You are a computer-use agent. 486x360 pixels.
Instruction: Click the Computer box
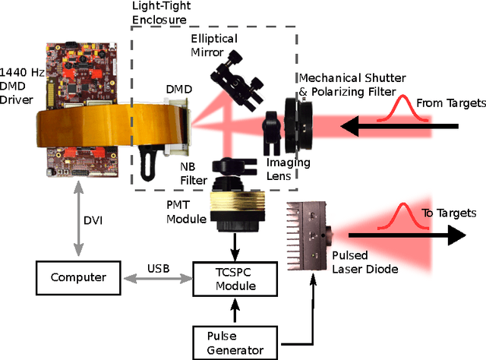[79, 277]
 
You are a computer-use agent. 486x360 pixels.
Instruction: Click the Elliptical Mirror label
[214, 46]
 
